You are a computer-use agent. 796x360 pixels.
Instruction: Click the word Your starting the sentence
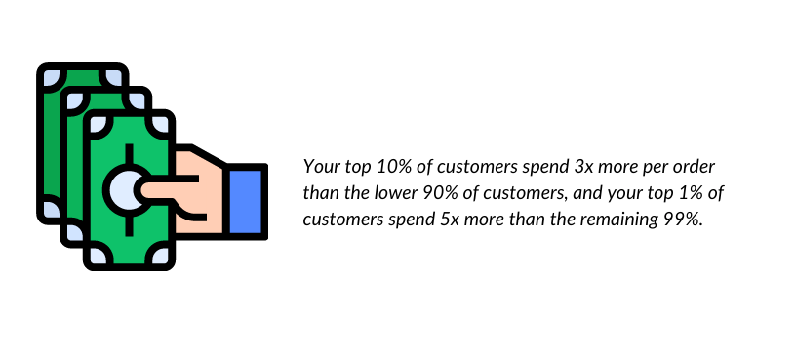[319, 167]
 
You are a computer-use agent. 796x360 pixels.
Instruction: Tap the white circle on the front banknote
[129, 184]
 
